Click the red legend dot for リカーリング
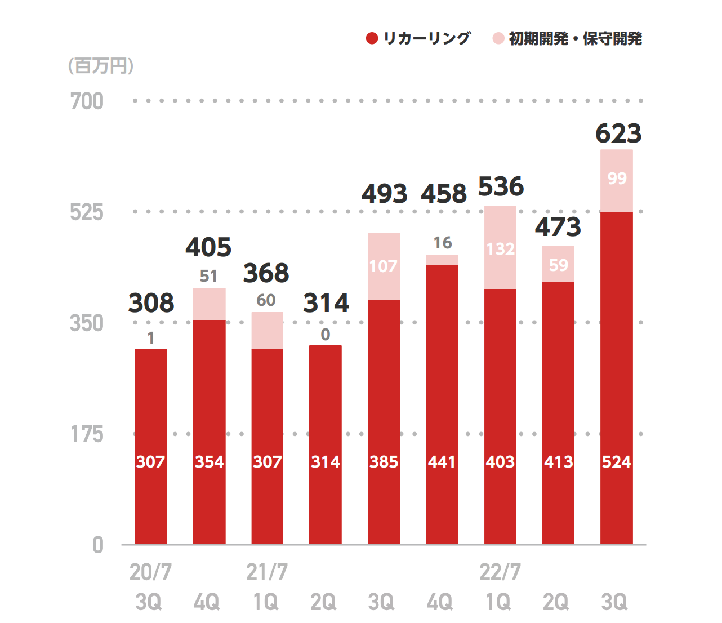click(372, 38)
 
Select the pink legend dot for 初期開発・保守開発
click(498, 38)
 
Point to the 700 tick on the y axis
click(87, 101)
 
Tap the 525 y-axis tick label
click(87, 212)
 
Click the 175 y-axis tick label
click(87, 434)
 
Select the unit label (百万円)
click(101, 66)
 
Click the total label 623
click(618, 133)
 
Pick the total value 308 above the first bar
click(151, 303)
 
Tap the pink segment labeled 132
click(500, 247)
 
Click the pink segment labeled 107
click(384, 266)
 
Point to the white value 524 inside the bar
click(616, 462)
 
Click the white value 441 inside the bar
click(442, 462)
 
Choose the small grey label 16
click(443, 243)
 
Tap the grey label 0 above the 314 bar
click(326, 335)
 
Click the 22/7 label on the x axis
click(500, 572)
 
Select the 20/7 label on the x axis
click(150, 572)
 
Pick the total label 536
click(501, 187)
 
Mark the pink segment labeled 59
click(558, 264)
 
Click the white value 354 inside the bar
click(209, 462)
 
